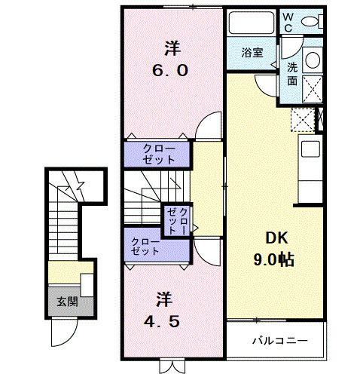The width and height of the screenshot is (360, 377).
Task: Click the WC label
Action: [x=288, y=22]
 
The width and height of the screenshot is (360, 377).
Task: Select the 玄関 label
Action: [x=66, y=302]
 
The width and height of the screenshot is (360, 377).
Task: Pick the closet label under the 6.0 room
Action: [x=158, y=155]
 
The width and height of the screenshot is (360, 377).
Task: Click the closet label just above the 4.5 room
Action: [x=145, y=247]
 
